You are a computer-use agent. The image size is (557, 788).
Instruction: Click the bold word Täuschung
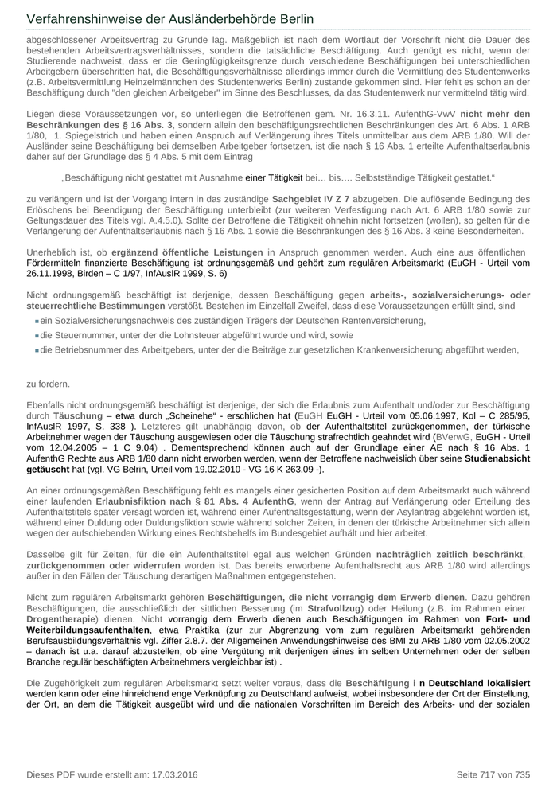click(77, 415)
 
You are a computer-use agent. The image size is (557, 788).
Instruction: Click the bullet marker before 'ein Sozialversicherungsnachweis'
click(37, 321)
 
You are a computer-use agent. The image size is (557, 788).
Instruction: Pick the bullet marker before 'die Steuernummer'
click(37, 335)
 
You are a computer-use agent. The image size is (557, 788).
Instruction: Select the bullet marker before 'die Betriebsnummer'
click(37, 349)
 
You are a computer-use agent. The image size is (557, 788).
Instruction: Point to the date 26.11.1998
click(53, 273)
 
